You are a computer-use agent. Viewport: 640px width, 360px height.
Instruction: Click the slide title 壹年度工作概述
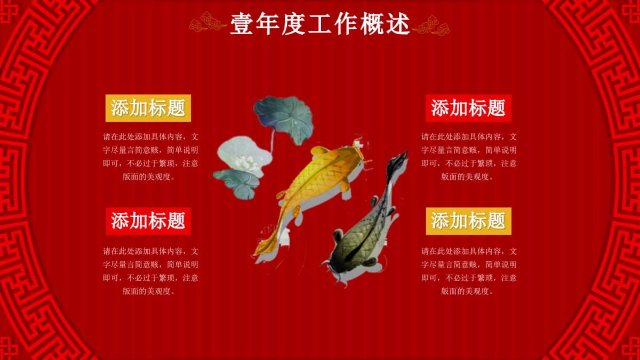pyautogui.click(x=320, y=24)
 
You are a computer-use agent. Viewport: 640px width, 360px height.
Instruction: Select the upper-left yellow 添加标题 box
pyautogui.click(x=148, y=108)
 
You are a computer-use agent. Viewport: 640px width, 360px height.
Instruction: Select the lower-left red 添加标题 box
pyautogui.click(x=148, y=221)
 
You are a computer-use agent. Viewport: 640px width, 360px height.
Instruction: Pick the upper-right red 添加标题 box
pyautogui.click(x=468, y=108)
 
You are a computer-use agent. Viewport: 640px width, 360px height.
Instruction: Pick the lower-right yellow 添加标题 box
pyautogui.click(x=468, y=221)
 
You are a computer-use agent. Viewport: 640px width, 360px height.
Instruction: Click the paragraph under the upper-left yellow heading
pyautogui.click(x=150, y=156)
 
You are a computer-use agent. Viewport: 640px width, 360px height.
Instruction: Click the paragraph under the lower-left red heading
pyautogui.click(x=150, y=271)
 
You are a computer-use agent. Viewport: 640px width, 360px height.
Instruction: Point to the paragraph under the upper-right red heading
pyautogui.click(x=469, y=156)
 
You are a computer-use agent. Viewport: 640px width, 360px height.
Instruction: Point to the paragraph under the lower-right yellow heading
pyautogui.click(x=469, y=271)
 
